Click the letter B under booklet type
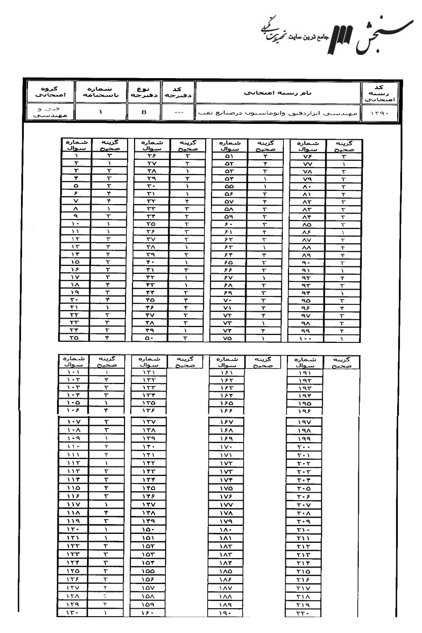[143, 112]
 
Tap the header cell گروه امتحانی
[49, 92]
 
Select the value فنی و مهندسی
[49, 112]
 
